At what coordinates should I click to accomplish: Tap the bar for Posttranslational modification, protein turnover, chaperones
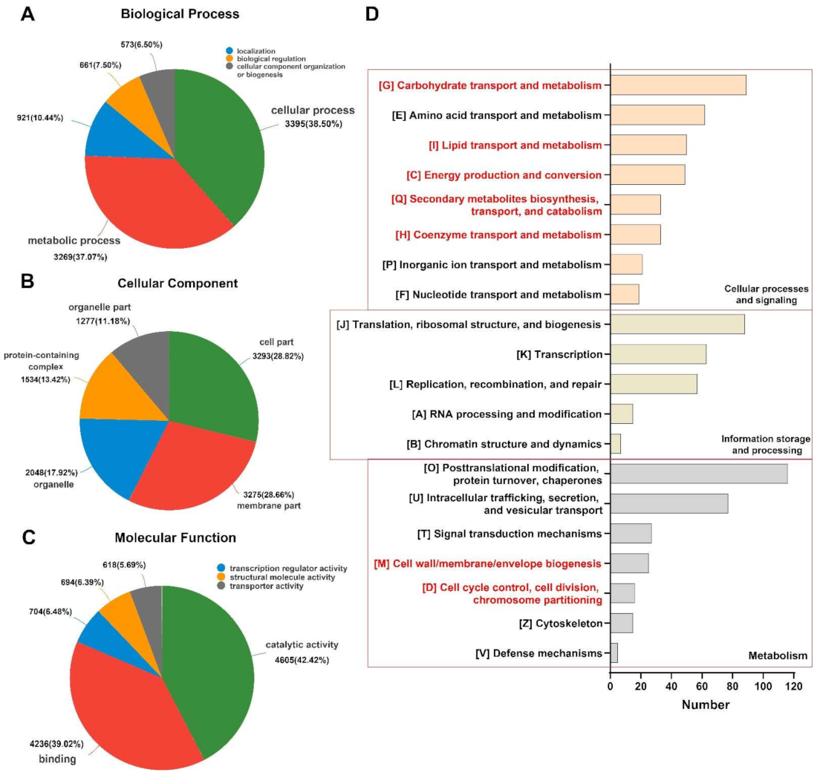point(697,473)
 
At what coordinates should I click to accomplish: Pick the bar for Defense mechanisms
point(613,653)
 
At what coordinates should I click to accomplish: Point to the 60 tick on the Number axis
point(702,686)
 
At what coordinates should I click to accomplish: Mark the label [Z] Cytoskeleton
point(560,623)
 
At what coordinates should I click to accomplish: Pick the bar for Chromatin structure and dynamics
point(615,444)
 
